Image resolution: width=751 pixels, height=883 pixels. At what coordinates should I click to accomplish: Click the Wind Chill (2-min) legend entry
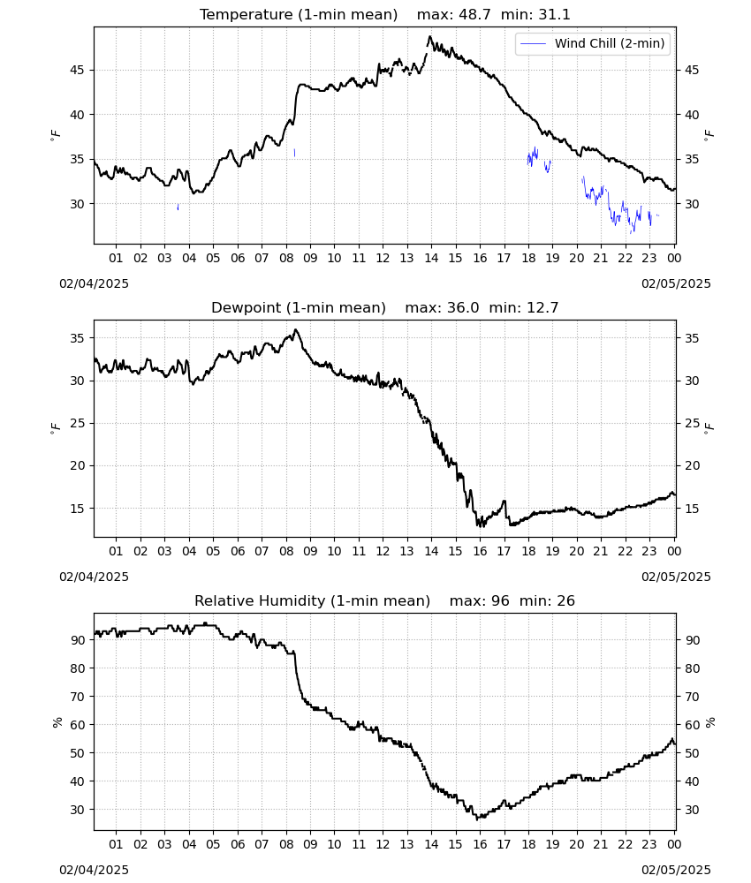pyautogui.click(x=593, y=43)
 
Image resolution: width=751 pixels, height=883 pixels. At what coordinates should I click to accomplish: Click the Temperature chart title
pyautogui.click(x=385, y=15)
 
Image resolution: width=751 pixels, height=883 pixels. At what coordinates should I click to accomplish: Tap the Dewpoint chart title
pyautogui.click(x=385, y=307)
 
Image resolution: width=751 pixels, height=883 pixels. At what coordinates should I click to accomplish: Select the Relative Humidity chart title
pyautogui.click(x=385, y=600)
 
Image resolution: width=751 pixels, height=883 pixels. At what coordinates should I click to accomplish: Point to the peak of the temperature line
pyautogui.click(x=429, y=36)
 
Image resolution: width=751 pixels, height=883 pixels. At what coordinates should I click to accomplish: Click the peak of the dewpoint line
pyautogui.click(x=296, y=330)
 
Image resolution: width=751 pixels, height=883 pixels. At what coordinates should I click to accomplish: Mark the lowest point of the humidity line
pyautogui.click(x=477, y=819)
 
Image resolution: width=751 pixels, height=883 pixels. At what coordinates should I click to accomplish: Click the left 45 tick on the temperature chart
pyautogui.click(x=77, y=70)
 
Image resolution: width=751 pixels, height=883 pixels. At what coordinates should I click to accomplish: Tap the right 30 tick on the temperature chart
pyautogui.click(x=691, y=204)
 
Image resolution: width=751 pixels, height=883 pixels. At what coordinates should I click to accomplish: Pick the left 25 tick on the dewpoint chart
pyautogui.click(x=77, y=423)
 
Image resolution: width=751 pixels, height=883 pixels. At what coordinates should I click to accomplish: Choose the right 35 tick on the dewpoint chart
pyautogui.click(x=691, y=338)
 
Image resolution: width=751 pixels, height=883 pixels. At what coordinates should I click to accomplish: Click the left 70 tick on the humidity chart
pyautogui.click(x=77, y=697)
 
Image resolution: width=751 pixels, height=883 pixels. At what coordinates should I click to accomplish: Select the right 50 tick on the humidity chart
pyautogui.click(x=691, y=753)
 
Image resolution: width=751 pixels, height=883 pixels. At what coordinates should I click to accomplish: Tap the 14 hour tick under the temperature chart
pyautogui.click(x=431, y=258)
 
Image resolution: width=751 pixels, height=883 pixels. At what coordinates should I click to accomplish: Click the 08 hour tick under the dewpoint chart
pyautogui.click(x=286, y=551)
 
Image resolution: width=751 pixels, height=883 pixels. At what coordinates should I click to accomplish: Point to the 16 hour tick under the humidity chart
pyautogui.click(x=480, y=844)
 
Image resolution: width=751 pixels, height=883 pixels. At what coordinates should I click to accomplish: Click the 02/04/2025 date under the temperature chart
pyautogui.click(x=94, y=283)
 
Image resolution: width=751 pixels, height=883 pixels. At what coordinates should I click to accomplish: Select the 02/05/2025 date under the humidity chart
pyautogui.click(x=676, y=870)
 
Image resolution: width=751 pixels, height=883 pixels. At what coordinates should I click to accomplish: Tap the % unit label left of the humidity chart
pyautogui.click(x=57, y=722)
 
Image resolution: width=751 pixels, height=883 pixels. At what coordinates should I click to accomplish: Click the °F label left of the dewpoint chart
pyautogui.click(x=55, y=428)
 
